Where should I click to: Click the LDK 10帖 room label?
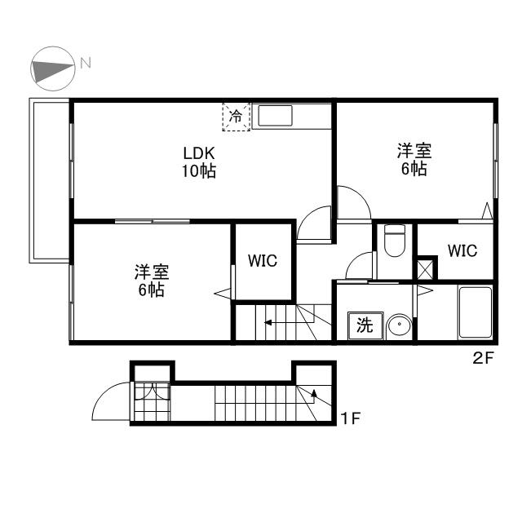click(199, 162)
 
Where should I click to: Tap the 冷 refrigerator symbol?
click(236, 117)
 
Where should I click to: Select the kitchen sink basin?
click(275, 116)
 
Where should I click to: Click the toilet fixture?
click(395, 241)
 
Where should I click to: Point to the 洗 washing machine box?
click(365, 325)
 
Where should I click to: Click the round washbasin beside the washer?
click(399, 325)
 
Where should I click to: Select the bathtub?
click(475, 312)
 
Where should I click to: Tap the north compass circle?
click(52, 69)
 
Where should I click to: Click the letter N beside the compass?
click(86, 63)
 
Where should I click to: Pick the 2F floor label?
click(483, 358)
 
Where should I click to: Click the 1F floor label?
click(351, 418)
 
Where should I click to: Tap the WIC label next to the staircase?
click(263, 261)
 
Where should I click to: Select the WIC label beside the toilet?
click(462, 250)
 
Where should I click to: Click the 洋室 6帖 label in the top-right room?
click(414, 160)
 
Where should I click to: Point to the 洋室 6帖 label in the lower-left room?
click(152, 281)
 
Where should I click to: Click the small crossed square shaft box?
click(425, 268)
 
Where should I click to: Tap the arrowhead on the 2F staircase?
click(268, 322)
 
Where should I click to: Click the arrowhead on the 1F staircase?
click(313, 393)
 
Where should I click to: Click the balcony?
click(49, 180)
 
